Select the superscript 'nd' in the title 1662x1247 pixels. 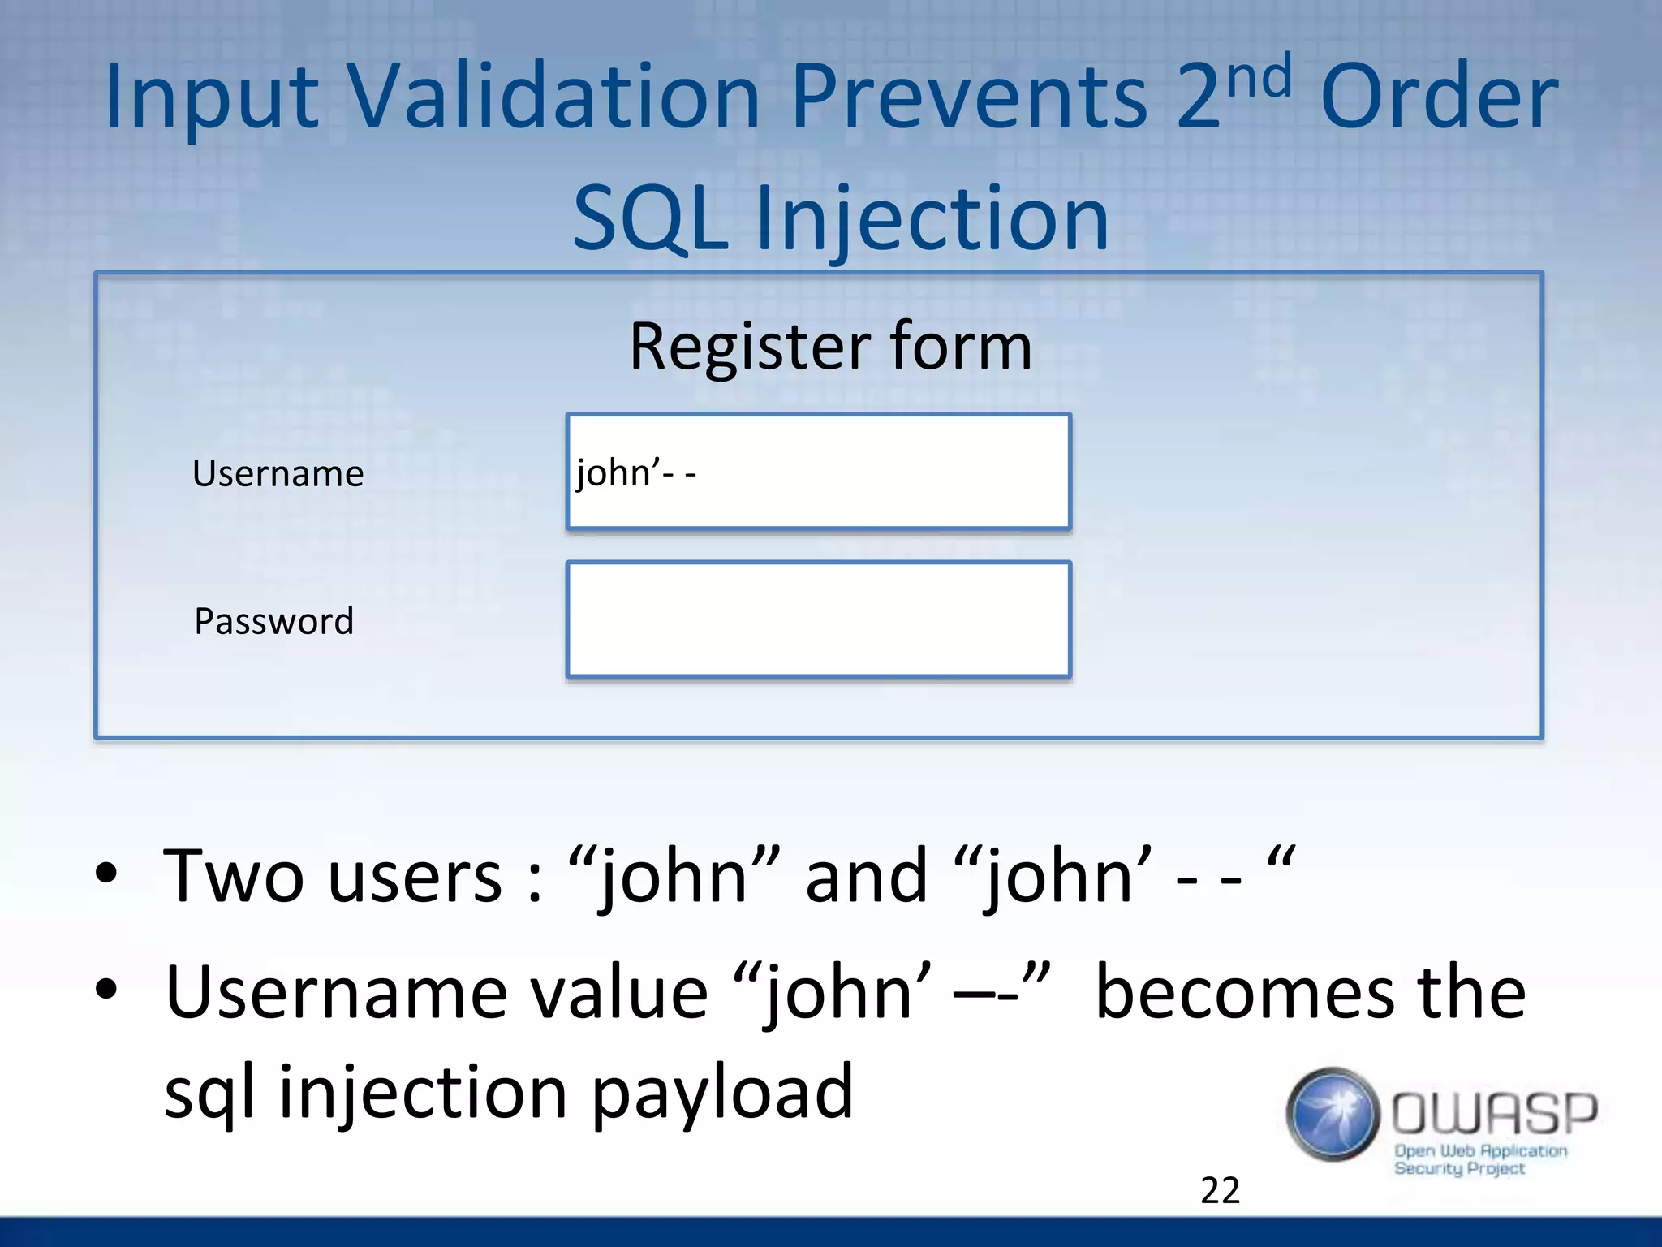pos(1259,77)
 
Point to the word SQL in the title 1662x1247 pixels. pos(650,218)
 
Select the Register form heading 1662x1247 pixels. pos(830,347)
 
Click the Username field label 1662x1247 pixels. pos(278,473)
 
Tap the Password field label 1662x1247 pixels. pos(274,621)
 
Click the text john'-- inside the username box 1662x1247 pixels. pos(635,472)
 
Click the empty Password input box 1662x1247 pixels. pos(818,619)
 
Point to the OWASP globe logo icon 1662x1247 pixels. pos(1333,1114)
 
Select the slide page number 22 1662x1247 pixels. pos(1220,1190)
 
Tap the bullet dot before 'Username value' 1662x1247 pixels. pos(106,989)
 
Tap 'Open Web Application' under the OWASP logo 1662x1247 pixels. pos(1480,1150)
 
